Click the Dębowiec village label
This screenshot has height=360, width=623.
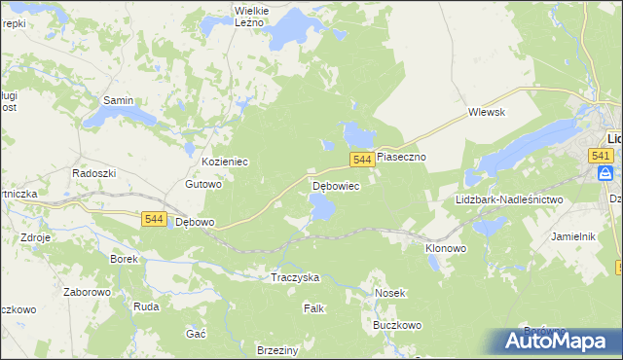click(336, 185)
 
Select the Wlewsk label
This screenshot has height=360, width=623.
click(486, 112)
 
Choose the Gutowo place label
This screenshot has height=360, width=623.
click(204, 183)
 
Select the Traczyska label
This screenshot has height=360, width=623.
click(295, 277)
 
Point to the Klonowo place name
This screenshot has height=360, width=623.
click(446, 248)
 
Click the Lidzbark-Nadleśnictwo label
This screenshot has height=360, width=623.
click(509, 199)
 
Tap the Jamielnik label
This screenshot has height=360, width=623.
click(572, 236)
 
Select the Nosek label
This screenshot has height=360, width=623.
click(389, 292)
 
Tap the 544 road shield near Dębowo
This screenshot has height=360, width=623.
click(152, 220)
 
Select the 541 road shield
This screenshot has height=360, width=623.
click(601, 156)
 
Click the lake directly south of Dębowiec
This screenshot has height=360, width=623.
click(321, 206)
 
